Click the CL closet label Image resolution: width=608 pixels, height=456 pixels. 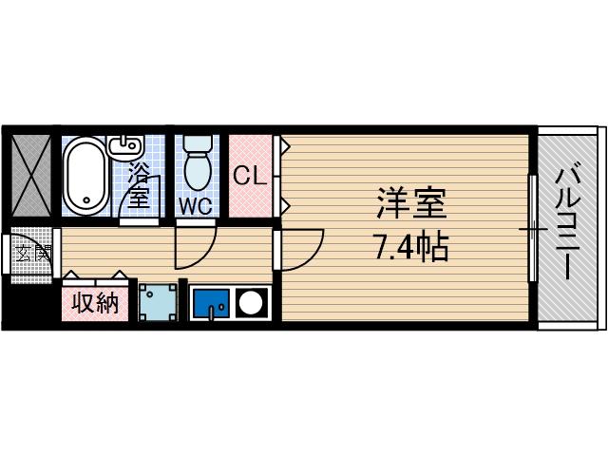pos(250,176)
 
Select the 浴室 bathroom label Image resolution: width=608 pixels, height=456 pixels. pos(140,184)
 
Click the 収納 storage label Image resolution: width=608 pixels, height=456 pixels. pos(95,304)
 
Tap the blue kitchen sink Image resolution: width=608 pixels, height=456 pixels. pos(210,304)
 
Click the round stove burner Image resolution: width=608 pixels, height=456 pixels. pos(252,304)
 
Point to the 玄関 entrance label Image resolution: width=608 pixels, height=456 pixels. pos(31,253)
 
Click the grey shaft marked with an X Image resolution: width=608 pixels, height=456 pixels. pos(31,177)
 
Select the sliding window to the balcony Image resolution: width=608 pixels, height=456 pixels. pos(532,228)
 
